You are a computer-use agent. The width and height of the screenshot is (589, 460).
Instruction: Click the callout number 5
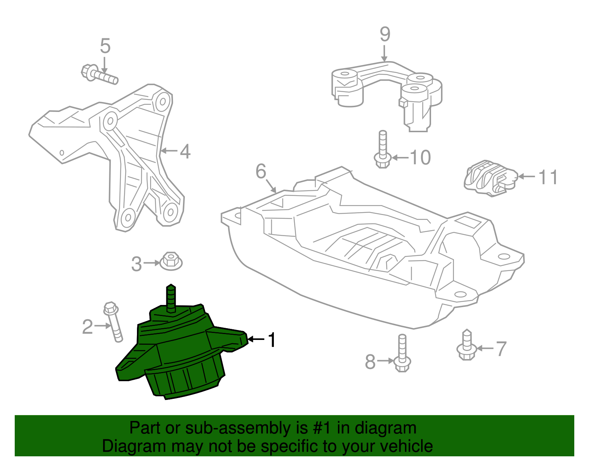coord(105,46)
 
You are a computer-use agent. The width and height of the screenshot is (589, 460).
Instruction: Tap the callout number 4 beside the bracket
coord(185,151)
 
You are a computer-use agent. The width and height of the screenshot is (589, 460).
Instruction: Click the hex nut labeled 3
coord(171,260)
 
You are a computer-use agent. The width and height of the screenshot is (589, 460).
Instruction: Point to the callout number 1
coord(272,340)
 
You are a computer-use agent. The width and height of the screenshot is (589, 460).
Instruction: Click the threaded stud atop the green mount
coord(171,298)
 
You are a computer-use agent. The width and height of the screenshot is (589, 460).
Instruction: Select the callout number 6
coord(261,171)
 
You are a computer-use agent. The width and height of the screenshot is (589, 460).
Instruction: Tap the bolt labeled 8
coord(402,354)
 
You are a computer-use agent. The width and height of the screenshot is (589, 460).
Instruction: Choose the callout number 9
coord(385,34)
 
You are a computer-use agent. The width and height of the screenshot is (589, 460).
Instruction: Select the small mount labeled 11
coord(490,178)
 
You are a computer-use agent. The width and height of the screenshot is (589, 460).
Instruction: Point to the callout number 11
coord(548,177)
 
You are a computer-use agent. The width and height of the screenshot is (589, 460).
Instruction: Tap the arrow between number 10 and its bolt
coord(400,158)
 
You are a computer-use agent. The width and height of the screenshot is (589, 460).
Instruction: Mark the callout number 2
coord(87,327)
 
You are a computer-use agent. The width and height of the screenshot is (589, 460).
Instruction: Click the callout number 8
coord(370,362)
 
